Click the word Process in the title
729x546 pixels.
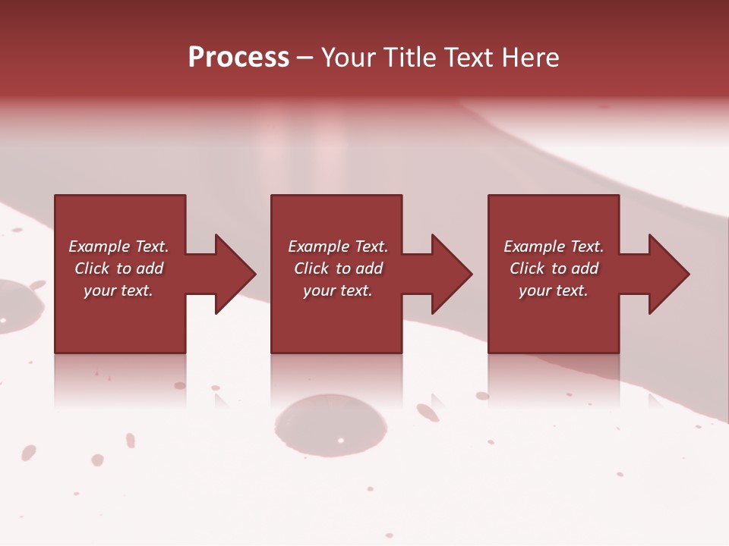point(238,57)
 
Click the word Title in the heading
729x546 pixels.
point(409,57)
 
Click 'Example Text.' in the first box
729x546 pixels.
point(118,246)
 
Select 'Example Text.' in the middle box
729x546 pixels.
point(338,246)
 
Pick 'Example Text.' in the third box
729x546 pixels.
point(554,246)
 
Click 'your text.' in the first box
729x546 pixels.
point(118,290)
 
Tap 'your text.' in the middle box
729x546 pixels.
point(338,290)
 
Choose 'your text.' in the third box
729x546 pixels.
point(554,290)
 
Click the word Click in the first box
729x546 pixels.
point(92,268)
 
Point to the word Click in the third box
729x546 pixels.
point(528,268)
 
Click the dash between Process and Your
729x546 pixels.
point(305,58)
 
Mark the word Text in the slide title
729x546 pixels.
point(469,57)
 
